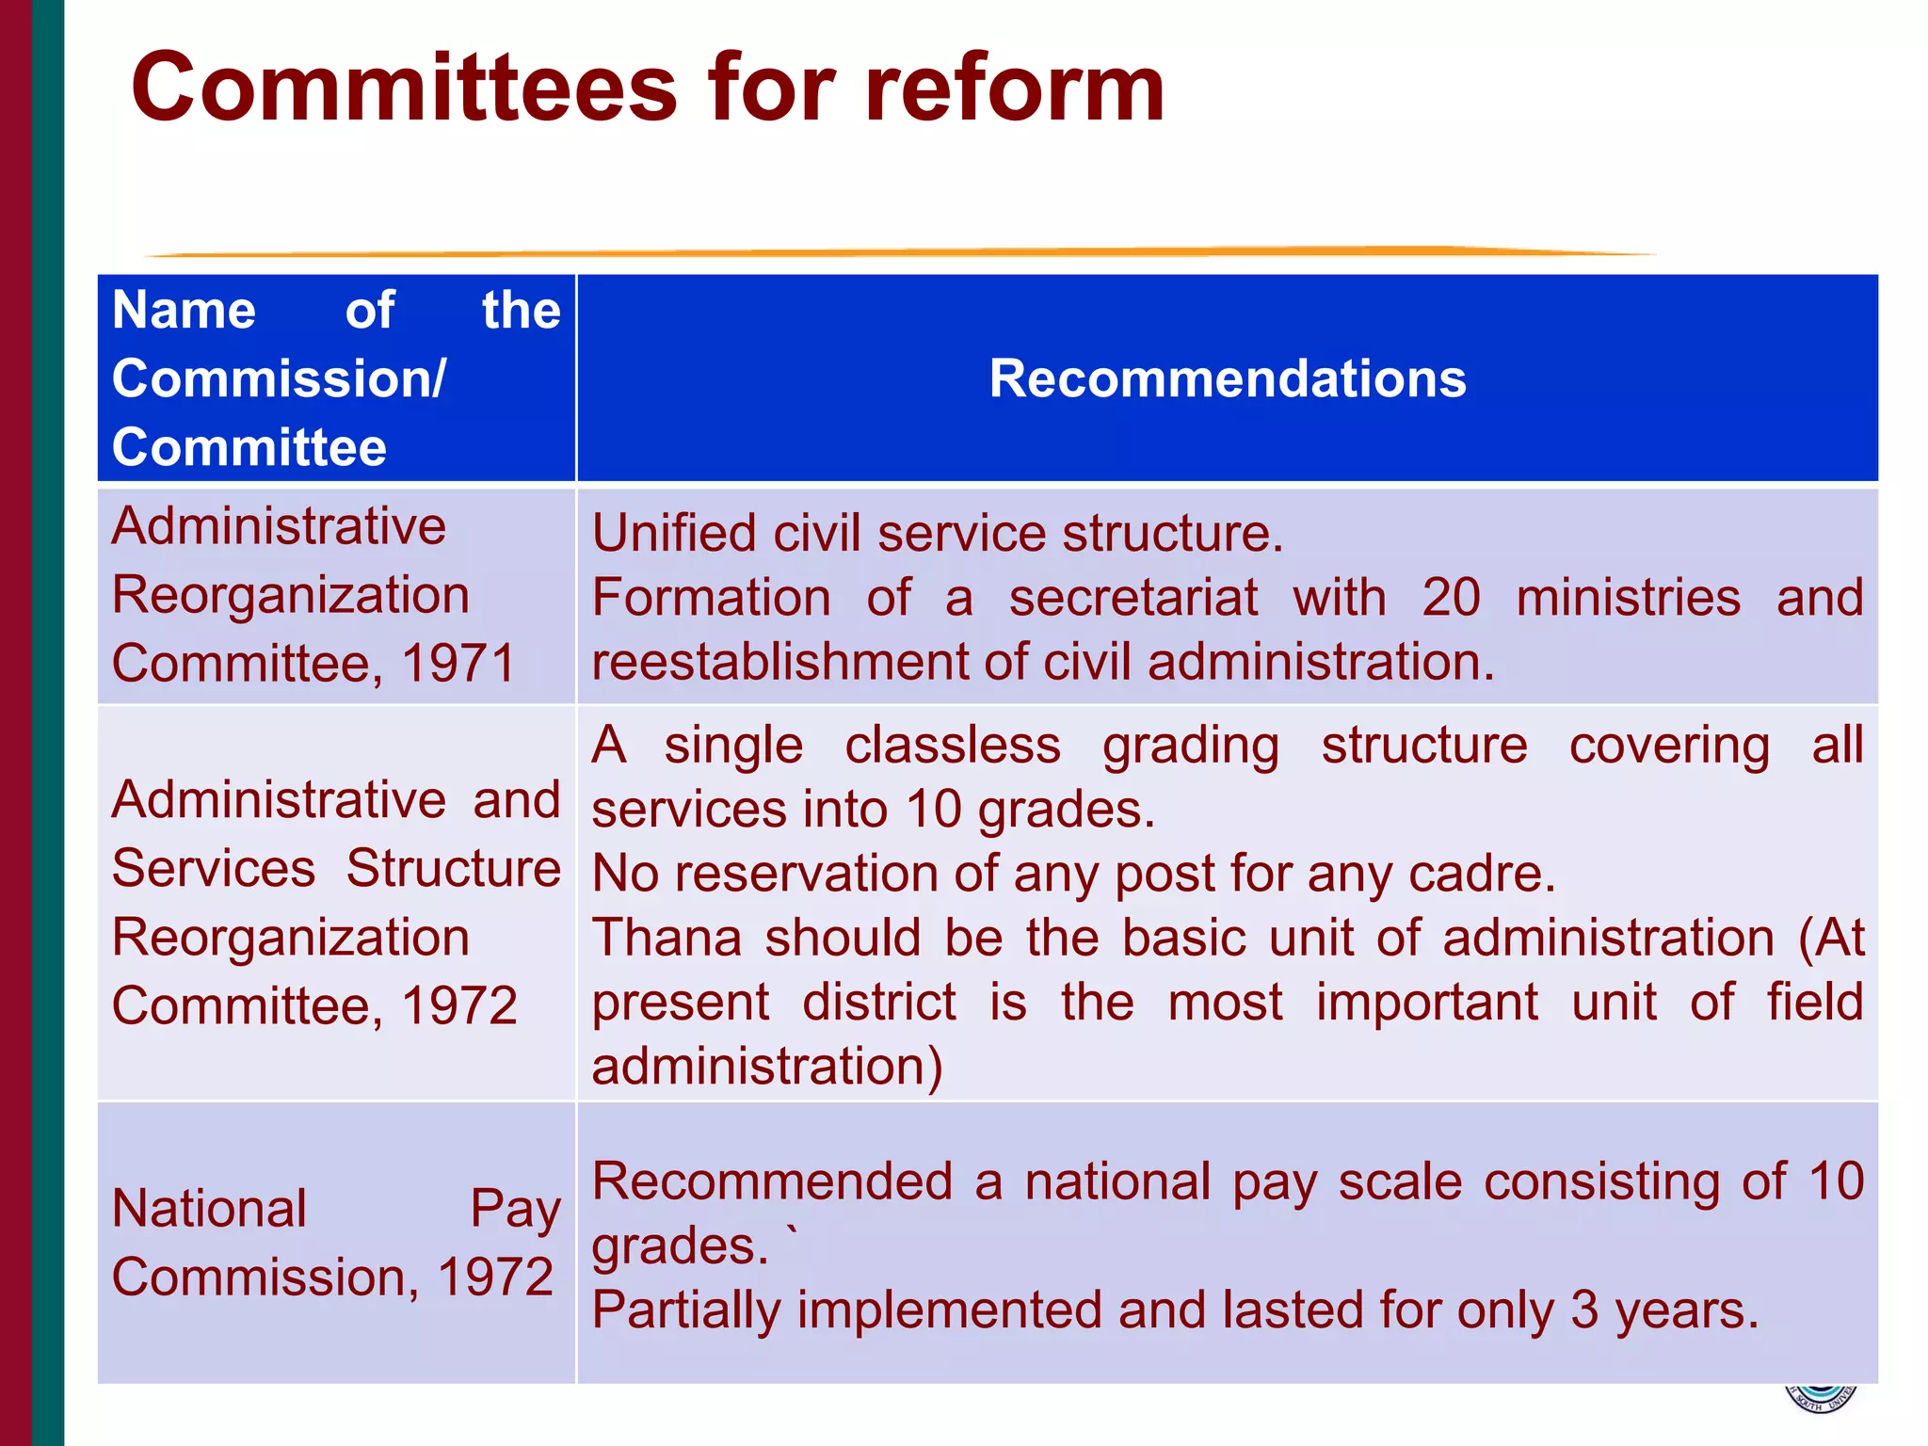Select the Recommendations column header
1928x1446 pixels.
tap(1227, 378)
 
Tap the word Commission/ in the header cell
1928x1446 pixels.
tap(279, 378)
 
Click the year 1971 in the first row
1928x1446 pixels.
tap(458, 663)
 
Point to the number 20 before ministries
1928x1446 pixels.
tap(1451, 597)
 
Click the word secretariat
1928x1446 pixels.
tap(1133, 597)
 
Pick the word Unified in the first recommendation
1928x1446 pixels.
tap(674, 533)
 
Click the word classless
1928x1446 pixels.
tap(952, 746)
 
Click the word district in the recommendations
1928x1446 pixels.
tap(879, 1002)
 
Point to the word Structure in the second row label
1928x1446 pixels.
tap(453, 868)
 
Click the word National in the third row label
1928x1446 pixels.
tap(209, 1208)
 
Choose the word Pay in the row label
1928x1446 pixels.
tap(515, 1208)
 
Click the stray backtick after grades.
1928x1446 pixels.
tap(792, 1229)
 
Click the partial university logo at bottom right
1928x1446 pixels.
tap(1821, 1399)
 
